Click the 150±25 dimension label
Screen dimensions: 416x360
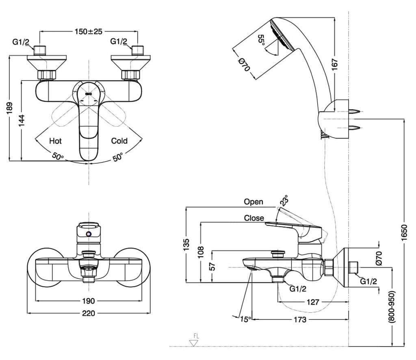[88, 32]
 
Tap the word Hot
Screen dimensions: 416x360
[55, 141]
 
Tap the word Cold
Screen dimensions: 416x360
[119, 141]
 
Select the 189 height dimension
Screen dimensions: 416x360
[10, 108]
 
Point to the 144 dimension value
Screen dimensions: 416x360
[22, 120]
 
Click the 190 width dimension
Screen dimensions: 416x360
[88, 301]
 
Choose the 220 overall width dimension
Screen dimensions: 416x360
[88, 313]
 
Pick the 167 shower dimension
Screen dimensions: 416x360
[335, 65]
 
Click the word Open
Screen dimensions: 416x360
[253, 202]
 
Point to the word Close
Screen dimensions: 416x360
[254, 218]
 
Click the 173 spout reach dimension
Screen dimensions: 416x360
[300, 319]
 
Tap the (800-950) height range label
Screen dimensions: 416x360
[392, 307]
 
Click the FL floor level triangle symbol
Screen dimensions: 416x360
[194, 343]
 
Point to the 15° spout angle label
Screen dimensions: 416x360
[245, 319]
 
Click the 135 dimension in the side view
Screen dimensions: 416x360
[186, 245]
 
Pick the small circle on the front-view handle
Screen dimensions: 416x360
[89, 234]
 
